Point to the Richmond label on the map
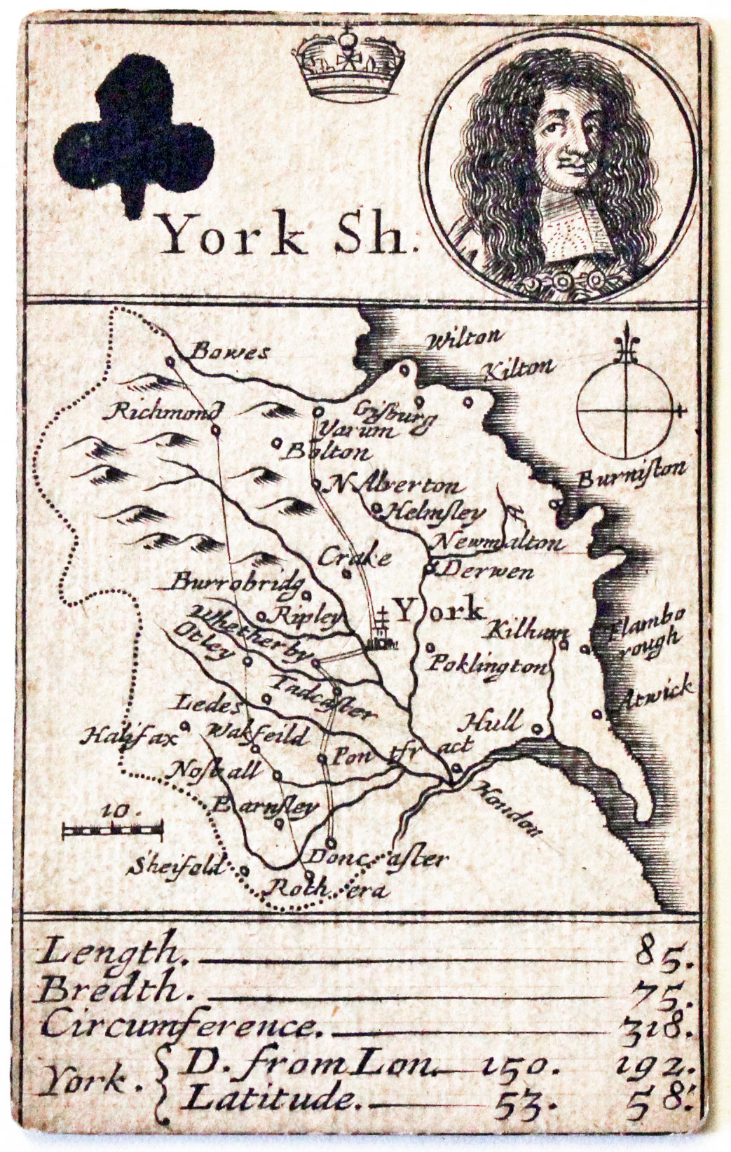(x=163, y=411)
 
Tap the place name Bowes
(x=231, y=352)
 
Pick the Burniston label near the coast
(x=631, y=474)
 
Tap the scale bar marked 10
(x=112, y=830)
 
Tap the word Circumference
(x=179, y=1026)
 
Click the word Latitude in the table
(x=270, y=1098)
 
